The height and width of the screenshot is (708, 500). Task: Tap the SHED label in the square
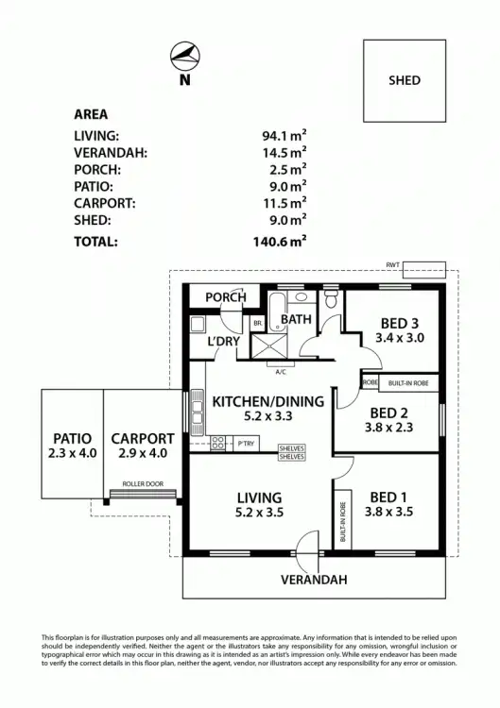[x=405, y=81]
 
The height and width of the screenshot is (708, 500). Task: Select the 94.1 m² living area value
[x=284, y=135]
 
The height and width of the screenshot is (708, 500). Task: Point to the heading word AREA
[x=91, y=114]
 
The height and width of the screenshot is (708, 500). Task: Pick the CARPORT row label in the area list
[x=105, y=203]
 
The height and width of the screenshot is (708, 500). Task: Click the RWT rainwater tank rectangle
[x=424, y=269]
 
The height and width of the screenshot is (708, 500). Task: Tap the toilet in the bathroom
[x=329, y=301]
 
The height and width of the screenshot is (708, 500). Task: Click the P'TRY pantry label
[x=247, y=442]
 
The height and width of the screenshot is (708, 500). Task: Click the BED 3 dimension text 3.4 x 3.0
[x=400, y=337]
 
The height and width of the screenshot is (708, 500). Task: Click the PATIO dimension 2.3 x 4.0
[x=72, y=454]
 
